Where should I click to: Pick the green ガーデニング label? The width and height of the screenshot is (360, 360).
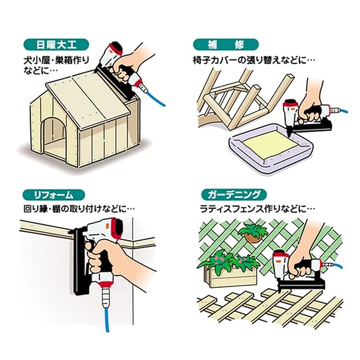point(232,195)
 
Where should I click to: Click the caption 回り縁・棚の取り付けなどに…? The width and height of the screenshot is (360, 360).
point(79,208)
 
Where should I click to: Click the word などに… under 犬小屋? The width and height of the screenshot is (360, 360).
point(42,71)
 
